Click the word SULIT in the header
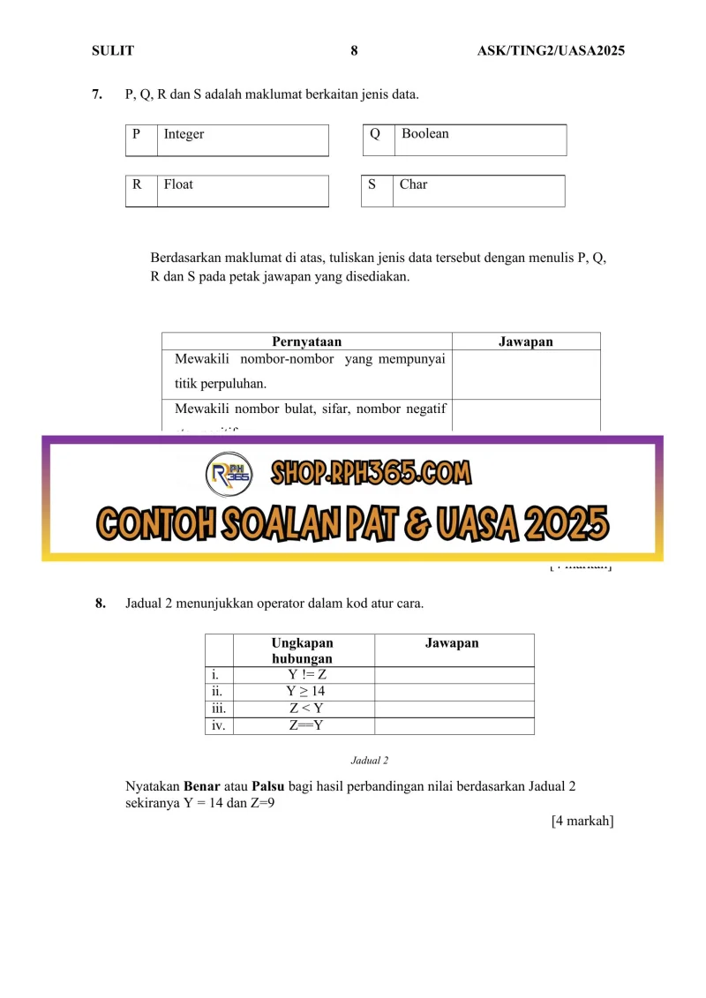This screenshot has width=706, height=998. (x=113, y=51)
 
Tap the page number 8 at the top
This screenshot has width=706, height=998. (x=354, y=51)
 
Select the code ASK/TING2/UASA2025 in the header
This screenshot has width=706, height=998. (x=551, y=51)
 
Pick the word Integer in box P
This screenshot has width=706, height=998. (x=184, y=134)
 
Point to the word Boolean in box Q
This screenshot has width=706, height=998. (x=424, y=133)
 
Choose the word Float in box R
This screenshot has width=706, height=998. (x=178, y=184)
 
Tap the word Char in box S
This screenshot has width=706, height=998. (x=413, y=184)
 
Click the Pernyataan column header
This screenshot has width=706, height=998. (x=306, y=341)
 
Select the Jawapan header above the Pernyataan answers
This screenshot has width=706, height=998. (x=526, y=341)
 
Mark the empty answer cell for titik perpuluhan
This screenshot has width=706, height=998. (x=526, y=374)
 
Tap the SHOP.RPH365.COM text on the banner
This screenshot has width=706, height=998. (x=371, y=475)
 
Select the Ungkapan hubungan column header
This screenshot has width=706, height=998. (x=303, y=650)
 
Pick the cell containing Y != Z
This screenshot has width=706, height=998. (x=303, y=675)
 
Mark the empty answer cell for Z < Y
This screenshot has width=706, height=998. (x=454, y=709)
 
